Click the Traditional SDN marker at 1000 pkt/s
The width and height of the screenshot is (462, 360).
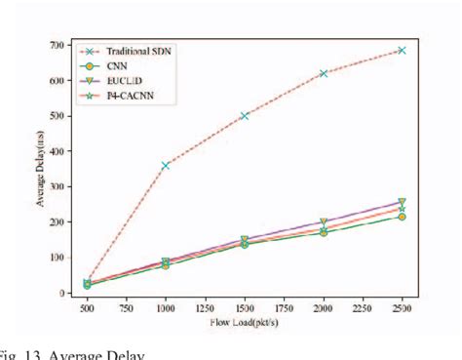tap(166, 166)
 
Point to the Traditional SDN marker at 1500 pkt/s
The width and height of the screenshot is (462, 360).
tap(245, 115)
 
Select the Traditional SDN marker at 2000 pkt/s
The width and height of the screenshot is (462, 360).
tap(324, 73)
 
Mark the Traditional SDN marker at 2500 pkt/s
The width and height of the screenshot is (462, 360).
tap(402, 50)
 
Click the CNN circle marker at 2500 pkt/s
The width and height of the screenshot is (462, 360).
tap(402, 217)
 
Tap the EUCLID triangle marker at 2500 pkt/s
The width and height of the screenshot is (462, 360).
tap(402, 202)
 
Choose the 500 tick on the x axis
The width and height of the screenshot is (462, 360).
tap(87, 306)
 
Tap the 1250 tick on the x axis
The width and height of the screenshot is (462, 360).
tap(205, 306)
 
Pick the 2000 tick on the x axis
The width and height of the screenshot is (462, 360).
tap(324, 306)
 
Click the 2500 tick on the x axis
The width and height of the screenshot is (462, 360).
tap(402, 306)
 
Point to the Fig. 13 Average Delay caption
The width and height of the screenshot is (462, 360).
tap(73, 353)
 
